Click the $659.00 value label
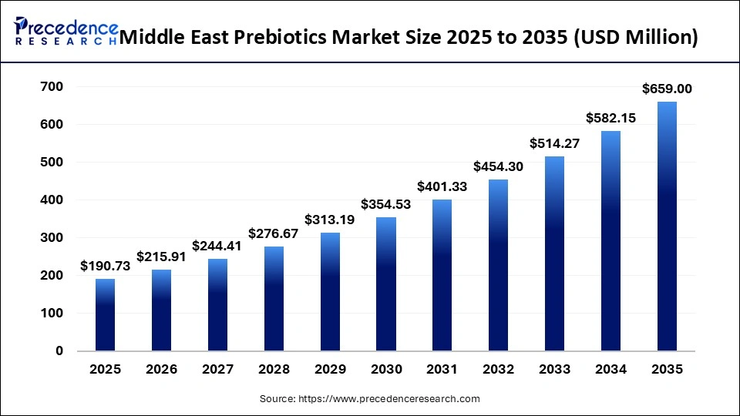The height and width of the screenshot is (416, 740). pyautogui.click(x=667, y=89)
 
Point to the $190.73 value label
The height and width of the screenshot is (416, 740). pyautogui.click(x=105, y=266)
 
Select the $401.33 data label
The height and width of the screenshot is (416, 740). pyautogui.click(x=442, y=186)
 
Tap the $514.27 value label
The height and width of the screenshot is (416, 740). pyautogui.click(x=554, y=143)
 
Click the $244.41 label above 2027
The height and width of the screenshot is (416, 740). pyautogui.click(x=217, y=246)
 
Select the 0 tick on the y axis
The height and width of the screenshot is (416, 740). pyautogui.click(x=59, y=351)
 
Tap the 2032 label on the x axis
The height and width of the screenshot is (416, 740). pyautogui.click(x=498, y=370)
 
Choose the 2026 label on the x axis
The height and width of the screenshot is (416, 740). pyautogui.click(x=161, y=370)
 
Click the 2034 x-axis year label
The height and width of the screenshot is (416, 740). pyautogui.click(x=610, y=370)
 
